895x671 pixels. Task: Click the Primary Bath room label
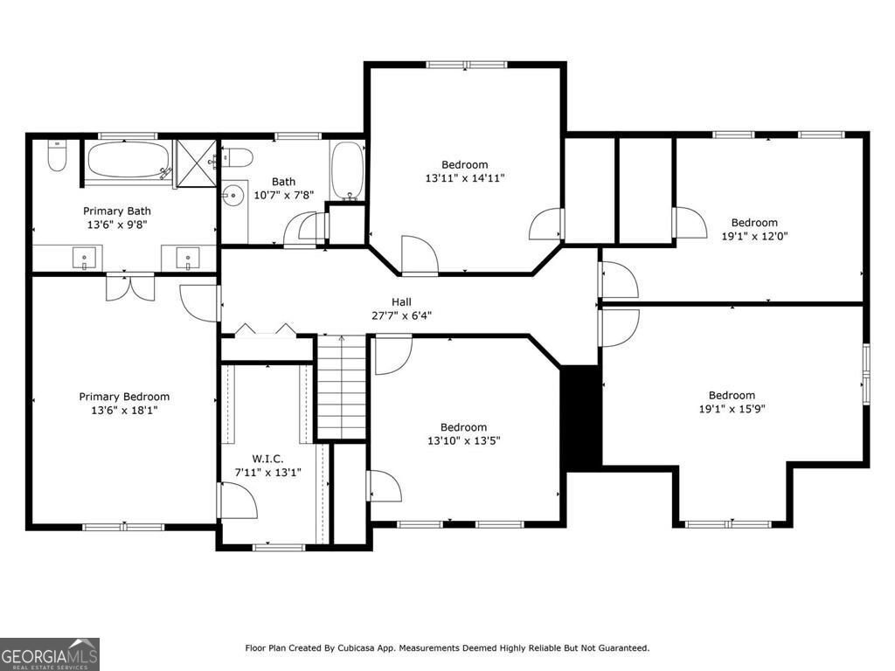pyautogui.click(x=117, y=211)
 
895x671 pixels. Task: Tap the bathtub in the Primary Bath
pyautogui.click(x=128, y=161)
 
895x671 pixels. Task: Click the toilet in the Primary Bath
pyautogui.click(x=57, y=158)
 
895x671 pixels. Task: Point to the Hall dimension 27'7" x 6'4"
pyautogui.click(x=402, y=316)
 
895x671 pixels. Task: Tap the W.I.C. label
pyautogui.click(x=267, y=459)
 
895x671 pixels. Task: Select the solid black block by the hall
pyautogui.click(x=580, y=418)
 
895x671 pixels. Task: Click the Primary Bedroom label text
pyautogui.click(x=124, y=397)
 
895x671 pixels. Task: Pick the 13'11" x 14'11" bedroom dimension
pyautogui.click(x=465, y=178)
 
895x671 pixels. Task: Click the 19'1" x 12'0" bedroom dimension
pyautogui.click(x=754, y=236)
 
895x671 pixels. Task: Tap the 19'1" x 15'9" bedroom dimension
pyautogui.click(x=732, y=409)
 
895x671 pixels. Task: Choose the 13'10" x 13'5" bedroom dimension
pyautogui.click(x=464, y=441)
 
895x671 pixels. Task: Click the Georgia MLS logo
pyautogui.click(x=50, y=654)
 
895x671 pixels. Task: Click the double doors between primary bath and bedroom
pyautogui.click(x=129, y=287)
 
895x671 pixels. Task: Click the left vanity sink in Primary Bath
pyautogui.click(x=84, y=258)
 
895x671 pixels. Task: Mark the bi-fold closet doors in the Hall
pyautogui.click(x=266, y=330)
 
